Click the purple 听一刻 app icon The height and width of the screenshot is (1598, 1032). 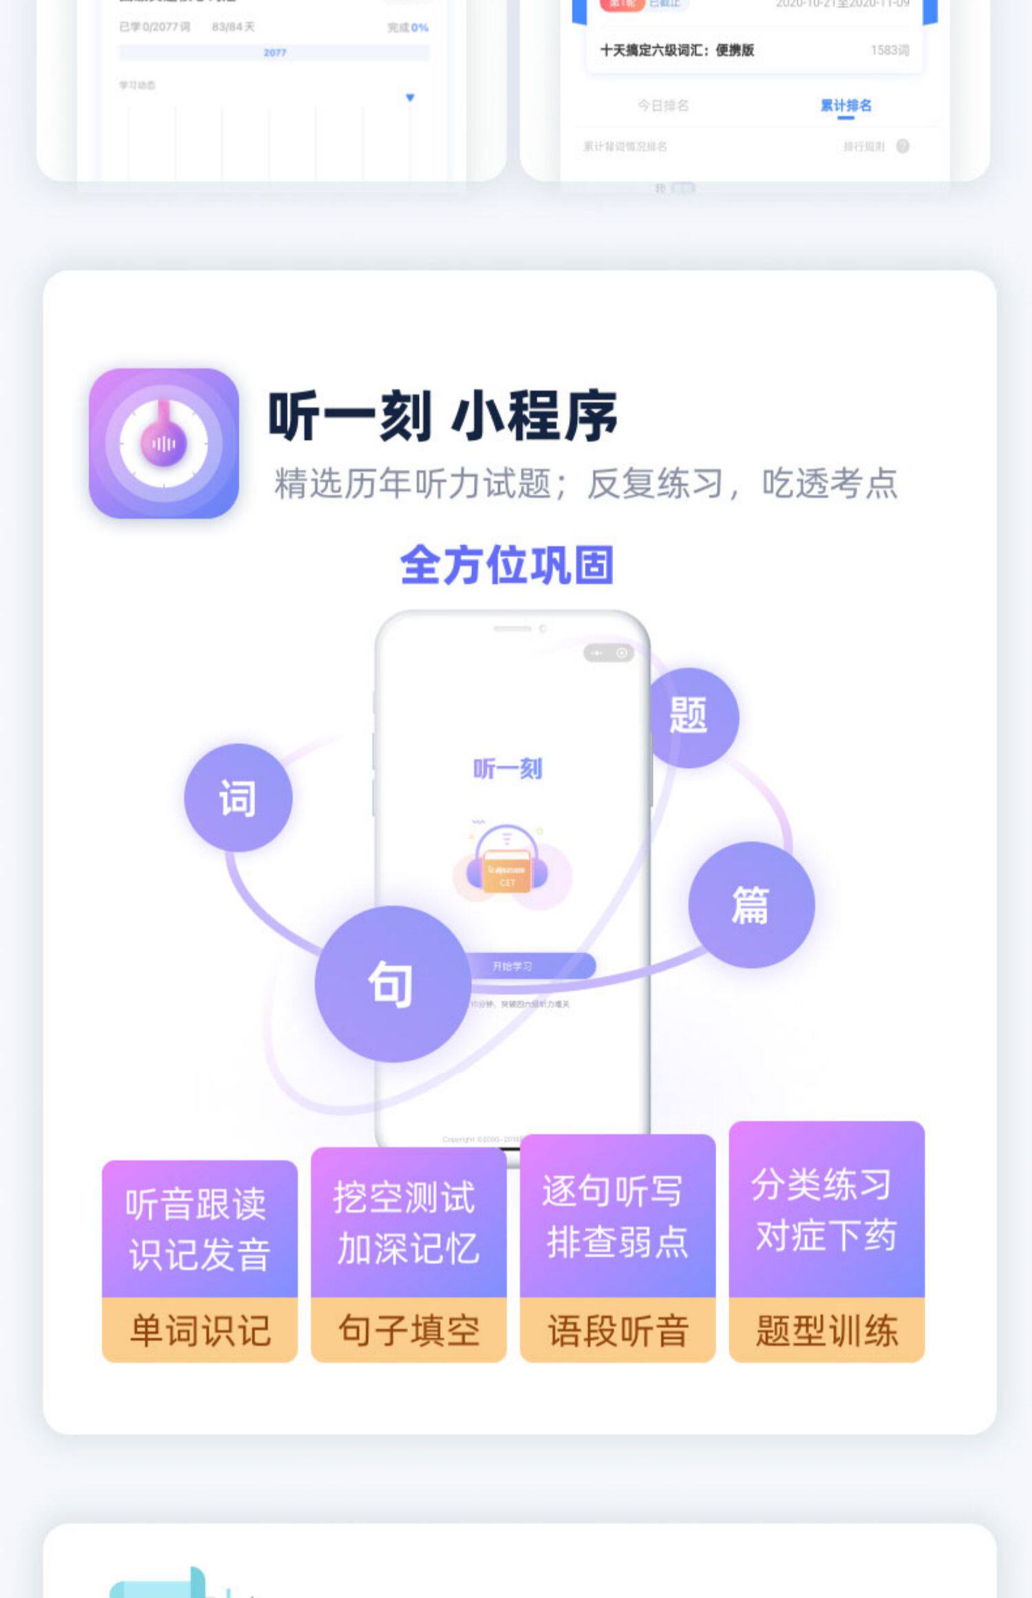click(x=164, y=443)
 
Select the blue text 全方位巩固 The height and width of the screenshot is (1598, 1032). click(x=506, y=565)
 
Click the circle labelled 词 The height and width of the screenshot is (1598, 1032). click(x=238, y=798)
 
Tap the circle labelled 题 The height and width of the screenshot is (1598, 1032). click(x=689, y=716)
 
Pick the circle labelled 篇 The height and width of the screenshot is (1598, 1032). click(x=751, y=904)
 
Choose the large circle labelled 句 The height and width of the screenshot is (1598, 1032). click(x=391, y=983)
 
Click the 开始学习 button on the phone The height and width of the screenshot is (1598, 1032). click(x=530, y=966)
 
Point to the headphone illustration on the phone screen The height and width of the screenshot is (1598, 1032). click(x=508, y=860)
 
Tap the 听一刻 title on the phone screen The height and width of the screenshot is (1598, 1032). click(x=508, y=768)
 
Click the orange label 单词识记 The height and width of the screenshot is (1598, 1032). click(x=200, y=1330)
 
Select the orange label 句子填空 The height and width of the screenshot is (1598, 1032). click(x=409, y=1330)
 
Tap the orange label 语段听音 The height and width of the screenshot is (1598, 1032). click(x=618, y=1330)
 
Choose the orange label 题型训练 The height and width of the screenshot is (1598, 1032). click(x=827, y=1330)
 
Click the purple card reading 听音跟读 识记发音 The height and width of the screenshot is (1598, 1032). click(x=200, y=1228)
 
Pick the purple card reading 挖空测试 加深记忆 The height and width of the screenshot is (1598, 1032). click(x=409, y=1222)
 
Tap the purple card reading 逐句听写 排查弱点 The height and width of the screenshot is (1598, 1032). click(x=618, y=1216)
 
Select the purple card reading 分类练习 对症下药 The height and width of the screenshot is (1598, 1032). click(x=827, y=1209)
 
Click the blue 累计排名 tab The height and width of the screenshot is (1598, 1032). click(x=846, y=105)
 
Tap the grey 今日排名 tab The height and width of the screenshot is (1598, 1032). click(x=663, y=105)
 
